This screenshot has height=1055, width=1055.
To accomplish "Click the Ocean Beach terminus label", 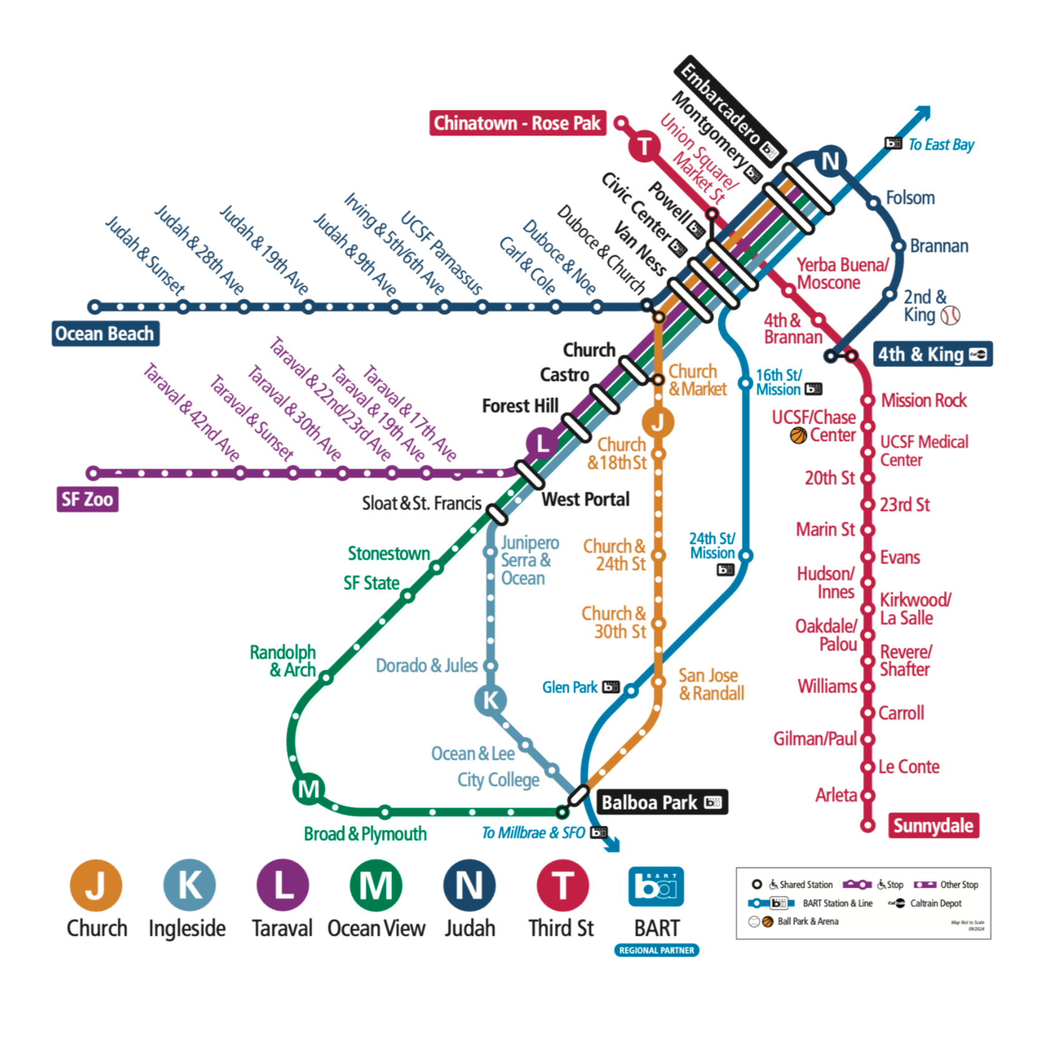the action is pos(105,334).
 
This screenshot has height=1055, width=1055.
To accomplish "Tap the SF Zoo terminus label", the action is pos(87,499).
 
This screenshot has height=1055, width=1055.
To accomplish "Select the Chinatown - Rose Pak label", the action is pos(517,123).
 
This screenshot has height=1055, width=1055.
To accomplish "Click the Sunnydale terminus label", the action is pos(933,825).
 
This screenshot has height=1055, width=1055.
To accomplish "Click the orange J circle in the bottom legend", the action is pos(96,885).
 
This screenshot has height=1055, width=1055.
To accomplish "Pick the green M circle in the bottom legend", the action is pos(376,885).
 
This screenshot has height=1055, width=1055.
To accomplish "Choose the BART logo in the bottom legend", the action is pos(656,887).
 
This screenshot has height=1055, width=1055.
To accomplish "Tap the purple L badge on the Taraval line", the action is pos(542,444).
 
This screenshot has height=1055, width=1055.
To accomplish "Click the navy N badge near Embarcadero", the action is pos(830,162).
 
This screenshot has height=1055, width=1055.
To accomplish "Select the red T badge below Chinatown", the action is pos(644,147).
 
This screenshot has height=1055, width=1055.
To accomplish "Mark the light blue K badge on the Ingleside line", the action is pos(490,700).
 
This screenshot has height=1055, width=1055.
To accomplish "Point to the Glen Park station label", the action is pos(570,688).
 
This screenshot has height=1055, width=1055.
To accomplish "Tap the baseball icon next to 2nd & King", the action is pos(950,315).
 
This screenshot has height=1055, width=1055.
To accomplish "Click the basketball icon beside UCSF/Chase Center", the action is pos(798,435).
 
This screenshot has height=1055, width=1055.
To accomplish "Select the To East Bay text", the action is pos(941,145).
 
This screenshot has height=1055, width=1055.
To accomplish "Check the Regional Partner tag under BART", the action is pos(656,950).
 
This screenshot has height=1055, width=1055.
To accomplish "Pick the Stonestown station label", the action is pos(389,553).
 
